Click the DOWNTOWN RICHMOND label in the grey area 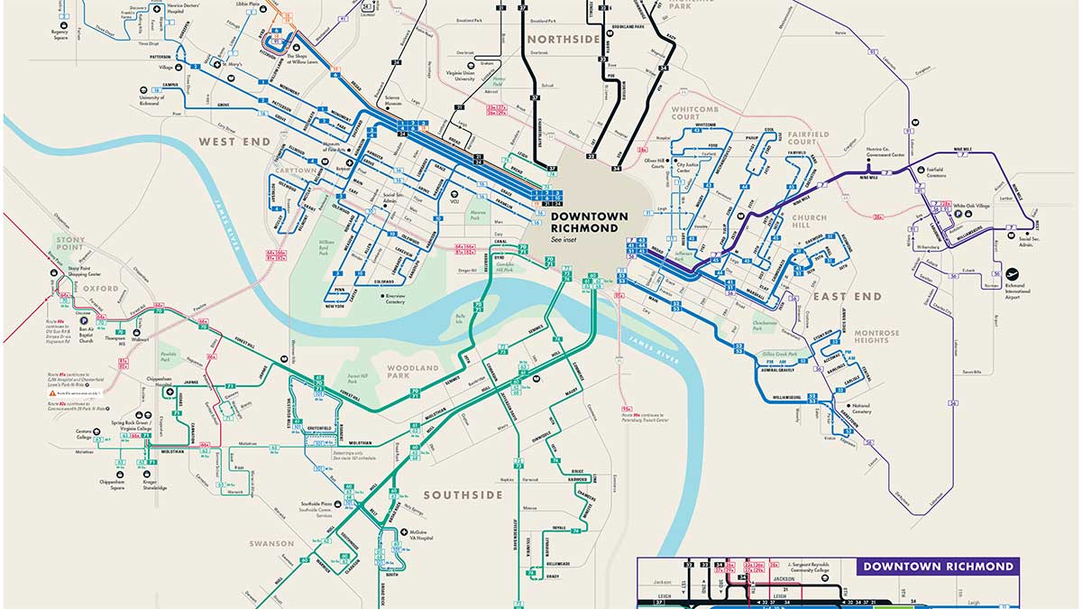[584, 222]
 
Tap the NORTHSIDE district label [563, 39]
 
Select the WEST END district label [230, 142]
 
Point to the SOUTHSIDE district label [463, 495]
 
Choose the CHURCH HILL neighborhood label [809, 217]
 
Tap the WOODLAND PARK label [412, 373]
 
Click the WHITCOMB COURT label [698, 112]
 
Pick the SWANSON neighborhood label [271, 543]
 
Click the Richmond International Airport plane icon [1011, 272]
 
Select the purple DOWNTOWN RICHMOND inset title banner [938, 567]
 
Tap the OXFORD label [79, 289]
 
